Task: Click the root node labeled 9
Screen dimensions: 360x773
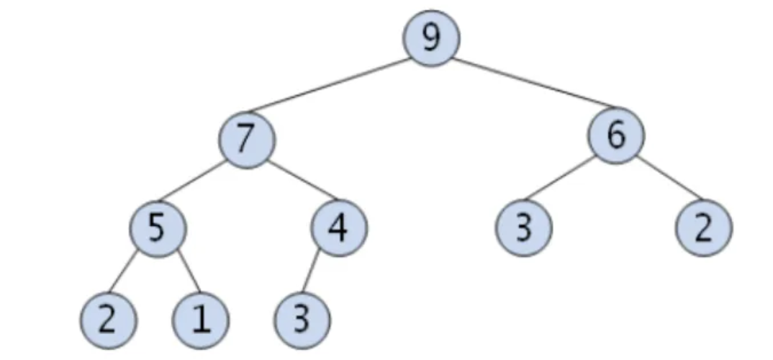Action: pos(430,38)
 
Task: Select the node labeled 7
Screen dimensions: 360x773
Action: pos(247,138)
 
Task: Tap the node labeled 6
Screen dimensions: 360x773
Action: pos(615,137)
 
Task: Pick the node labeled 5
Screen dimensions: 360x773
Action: pos(158,228)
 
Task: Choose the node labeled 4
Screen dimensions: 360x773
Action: pos(339,228)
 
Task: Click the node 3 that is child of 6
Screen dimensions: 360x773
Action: pos(523,228)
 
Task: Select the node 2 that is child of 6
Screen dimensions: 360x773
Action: pos(703,228)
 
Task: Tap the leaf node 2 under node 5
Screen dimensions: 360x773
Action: pos(107,319)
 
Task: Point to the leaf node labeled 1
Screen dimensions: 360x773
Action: pos(201,319)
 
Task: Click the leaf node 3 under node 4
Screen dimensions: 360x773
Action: pos(302,319)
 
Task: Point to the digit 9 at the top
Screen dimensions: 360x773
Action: pos(430,37)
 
